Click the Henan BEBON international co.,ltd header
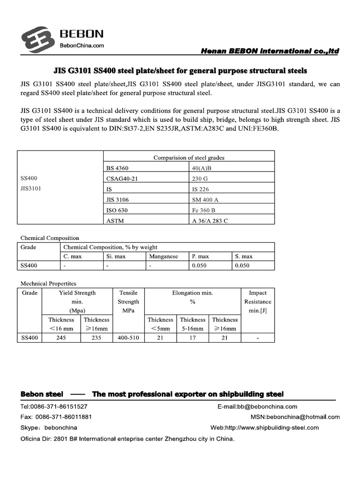(x=270, y=51)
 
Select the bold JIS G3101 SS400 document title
(x=180, y=71)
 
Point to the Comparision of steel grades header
(x=188, y=157)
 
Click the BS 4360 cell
(x=118, y=168)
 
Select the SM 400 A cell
(x=205, y=200)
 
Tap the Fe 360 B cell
(x=204, y=210)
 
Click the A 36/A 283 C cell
(x=210, y=221)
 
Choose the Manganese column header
(x=164, y=256)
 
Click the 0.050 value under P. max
(x=200, y=266)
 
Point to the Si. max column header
(x=116, y=256)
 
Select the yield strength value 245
(x=61, y=338)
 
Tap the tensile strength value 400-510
(x=128, y=338)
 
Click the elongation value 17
(x=193, y=338)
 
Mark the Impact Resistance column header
(x=258, y=301)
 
